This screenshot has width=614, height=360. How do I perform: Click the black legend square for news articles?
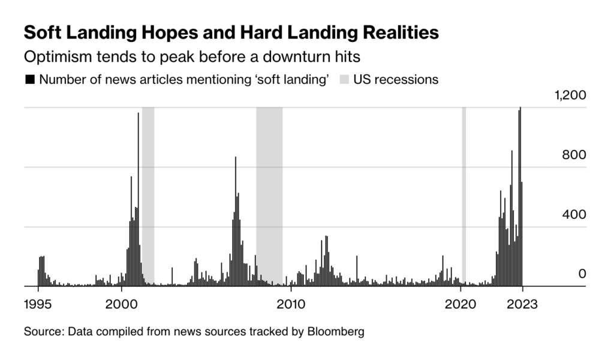coord(29,80)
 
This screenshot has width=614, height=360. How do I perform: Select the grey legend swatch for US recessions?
coord(346,80)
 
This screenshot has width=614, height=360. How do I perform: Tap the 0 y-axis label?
coord(581,274)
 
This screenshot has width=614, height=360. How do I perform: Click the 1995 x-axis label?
coord(38,304)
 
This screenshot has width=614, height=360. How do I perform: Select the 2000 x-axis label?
coord(122,304)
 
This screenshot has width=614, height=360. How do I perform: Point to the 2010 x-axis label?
coord(291,304)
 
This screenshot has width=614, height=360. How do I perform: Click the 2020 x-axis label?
coord(461,304)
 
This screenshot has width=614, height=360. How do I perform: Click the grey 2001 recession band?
coord(148,198)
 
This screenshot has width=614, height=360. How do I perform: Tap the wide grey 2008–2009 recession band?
coord(269,198)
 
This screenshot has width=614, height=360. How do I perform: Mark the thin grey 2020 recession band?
coord(463,198)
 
